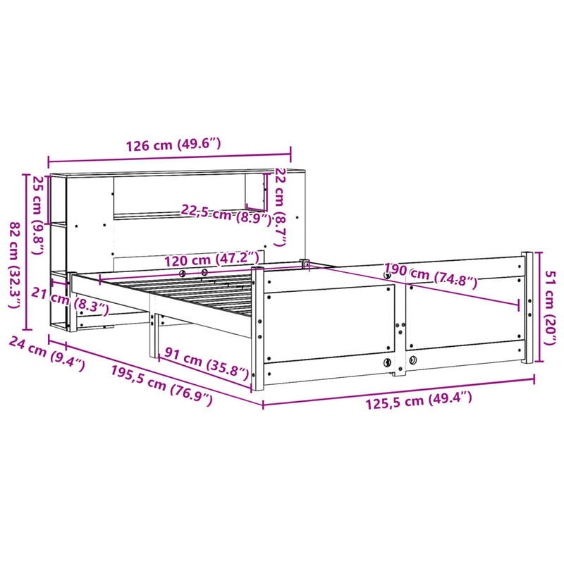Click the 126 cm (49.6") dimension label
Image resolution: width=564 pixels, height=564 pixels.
coord(173,145)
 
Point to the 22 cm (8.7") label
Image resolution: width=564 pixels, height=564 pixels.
coord(280,207)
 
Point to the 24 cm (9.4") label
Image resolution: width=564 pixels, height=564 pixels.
coord(47,352)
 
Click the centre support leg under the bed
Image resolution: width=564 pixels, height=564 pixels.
coord(152,336)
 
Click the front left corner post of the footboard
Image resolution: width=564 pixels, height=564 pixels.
coord(257,328)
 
